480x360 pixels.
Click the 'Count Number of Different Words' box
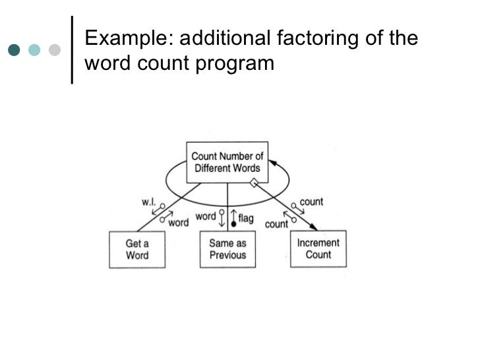pyautogui.click(x=227, y=162)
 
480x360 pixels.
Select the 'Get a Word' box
pyautogui.click(x=137, y=249)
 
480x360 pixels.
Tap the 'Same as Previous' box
pyautogui.click(x=227, y=249)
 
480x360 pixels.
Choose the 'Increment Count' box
pyautogui.click(x=318, y=249)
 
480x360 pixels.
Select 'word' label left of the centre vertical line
pyautogui.click(x=206, y=216)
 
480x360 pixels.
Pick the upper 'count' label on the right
pyautogui.click(x=311, y=201)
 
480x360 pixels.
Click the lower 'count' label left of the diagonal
pyautogui.click(x=276, y=224)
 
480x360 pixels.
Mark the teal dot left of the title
pyautogui.click(x=14, y=49)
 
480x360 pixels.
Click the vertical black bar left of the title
pyautogui.click(x=71, y=49)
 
